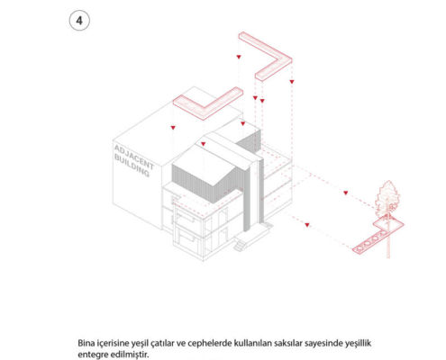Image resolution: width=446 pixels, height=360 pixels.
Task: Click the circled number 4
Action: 79,21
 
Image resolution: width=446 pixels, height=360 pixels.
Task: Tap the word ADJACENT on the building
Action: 134,157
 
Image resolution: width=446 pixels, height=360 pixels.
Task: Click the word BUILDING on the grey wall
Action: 132,166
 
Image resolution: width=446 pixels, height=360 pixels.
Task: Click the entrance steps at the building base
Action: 241,245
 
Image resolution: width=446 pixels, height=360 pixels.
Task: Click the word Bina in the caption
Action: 85,343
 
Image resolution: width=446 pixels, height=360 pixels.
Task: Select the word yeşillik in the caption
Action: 358,343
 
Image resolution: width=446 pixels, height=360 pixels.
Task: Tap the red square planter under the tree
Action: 388,224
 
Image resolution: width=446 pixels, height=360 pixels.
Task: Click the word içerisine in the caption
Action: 108,343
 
